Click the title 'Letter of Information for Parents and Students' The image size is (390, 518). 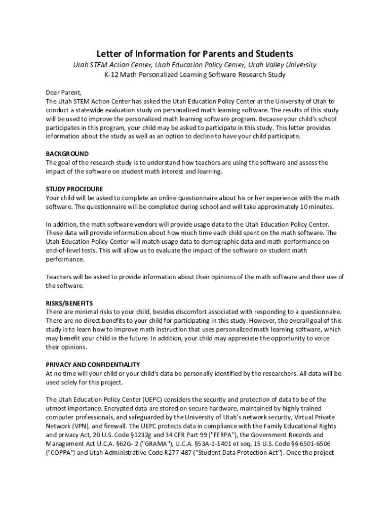click(195, 54)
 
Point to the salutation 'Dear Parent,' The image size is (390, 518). click(63, 93)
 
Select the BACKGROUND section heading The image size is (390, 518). click(67, 154)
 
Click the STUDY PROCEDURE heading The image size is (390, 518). click(74, 189)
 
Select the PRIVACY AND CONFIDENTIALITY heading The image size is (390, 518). click(93, 365)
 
